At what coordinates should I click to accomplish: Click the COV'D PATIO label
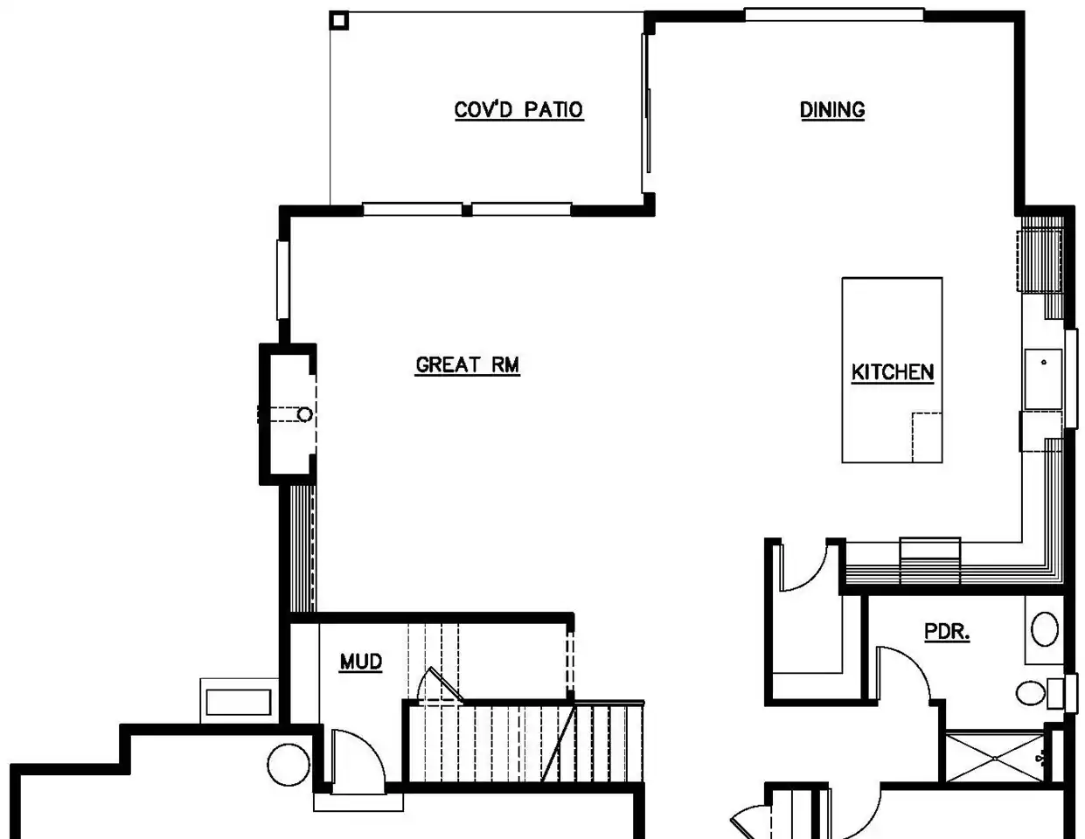click(x=518, y=110)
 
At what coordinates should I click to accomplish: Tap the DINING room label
click(x=832, y=110)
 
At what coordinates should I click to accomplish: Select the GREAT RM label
click(x=468, y=364)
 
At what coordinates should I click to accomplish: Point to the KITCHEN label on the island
click(x=893, y=372)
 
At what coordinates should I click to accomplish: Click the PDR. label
click(x=947, y=632)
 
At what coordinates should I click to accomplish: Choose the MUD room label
click(x=361, y=662)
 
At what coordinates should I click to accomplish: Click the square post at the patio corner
click(x=339, y=21)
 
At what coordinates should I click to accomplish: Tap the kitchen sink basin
click(x=1043, y=378)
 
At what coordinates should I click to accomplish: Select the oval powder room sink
click(x=1045, y=629)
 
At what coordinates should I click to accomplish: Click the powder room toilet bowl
click(x=1031, y=693)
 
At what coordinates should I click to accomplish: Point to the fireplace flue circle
click(x=304, y=414)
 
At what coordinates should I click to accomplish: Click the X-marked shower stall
click(x=995, y=758)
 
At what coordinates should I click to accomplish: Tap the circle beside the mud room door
click(x=289, y=765)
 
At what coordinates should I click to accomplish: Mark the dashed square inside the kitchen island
click(x=928, y=438)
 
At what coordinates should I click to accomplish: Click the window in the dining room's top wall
click(x=834, y=15)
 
